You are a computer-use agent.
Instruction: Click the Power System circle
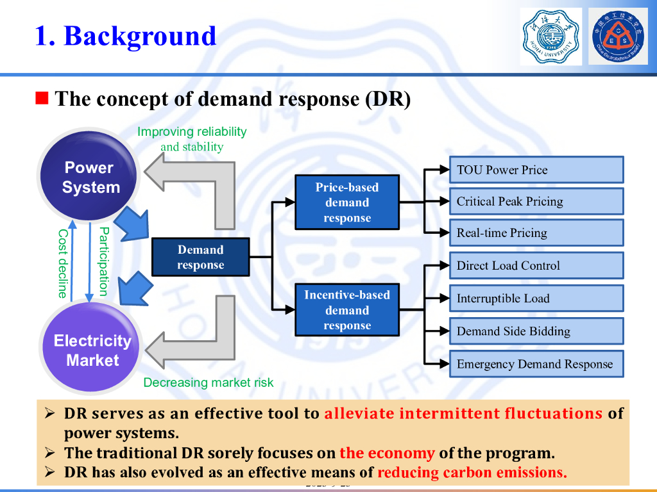[90, 177]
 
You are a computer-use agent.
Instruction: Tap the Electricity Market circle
[92, 350]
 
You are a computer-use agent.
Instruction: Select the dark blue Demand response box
[200, 258]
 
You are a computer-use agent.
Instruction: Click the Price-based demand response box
[346, 202]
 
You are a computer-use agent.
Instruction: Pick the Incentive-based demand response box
[346, 310]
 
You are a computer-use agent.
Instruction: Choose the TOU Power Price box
[536, 170]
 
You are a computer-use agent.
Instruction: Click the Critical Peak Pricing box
[536, 201]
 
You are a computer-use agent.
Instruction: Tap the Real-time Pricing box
[536, 233]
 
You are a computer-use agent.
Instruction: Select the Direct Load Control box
[536, 265]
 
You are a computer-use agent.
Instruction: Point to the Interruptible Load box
[536, 299]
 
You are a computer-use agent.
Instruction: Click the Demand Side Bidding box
[536, 331]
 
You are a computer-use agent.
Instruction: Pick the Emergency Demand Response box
[536, 364]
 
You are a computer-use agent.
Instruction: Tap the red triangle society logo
[619, 36]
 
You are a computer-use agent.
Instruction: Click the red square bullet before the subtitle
[42, 99]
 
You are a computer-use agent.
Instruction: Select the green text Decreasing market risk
[208, 382]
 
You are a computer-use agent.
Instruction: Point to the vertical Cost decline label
[62, 263]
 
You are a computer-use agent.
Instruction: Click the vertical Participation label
[103, 261]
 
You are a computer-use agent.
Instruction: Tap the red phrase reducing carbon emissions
[472, 473]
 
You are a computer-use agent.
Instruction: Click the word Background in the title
[140, 36]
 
